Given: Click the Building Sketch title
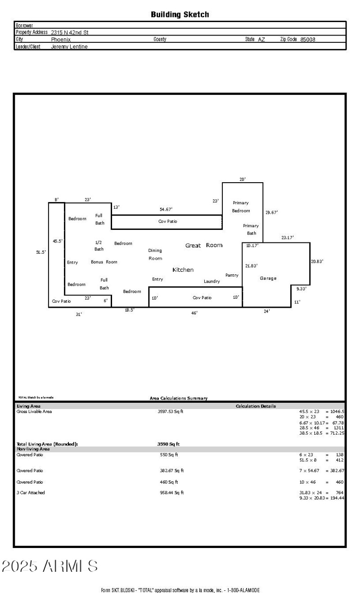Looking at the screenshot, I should pos(180,15).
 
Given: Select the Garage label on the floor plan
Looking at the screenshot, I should pos(268,279).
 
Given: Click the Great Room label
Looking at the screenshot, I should pos(204,246).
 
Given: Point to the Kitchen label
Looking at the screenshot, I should pos(183,270).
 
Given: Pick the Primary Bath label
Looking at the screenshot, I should pos(251,229).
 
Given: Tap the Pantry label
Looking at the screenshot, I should pos(232,275).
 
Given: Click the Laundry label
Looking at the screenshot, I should pos(211,282).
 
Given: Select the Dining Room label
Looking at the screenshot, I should pos(155,255).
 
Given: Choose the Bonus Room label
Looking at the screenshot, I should pos(104,262).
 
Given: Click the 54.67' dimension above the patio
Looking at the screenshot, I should pos(166,210).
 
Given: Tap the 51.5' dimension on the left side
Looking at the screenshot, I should pos(41,252).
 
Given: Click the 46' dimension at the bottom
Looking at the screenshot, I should pos(194,313).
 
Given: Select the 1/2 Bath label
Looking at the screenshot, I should pos(99,246).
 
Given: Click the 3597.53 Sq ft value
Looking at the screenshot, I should pos(171,412).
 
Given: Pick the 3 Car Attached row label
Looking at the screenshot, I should pos(31,493).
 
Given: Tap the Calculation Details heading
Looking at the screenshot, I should pos(256,406).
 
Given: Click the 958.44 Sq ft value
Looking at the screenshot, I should pos(172,493).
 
